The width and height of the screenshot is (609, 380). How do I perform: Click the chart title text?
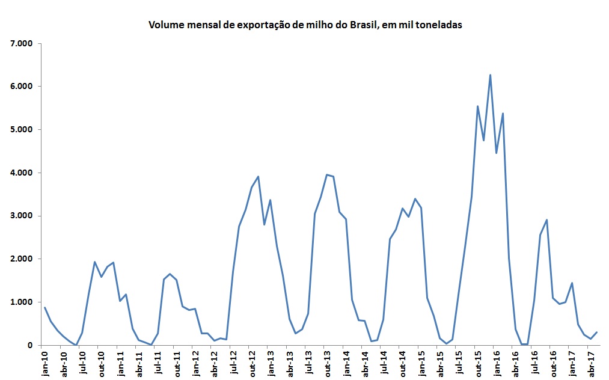(305, 26)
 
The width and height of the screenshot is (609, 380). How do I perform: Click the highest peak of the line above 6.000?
(491, 75)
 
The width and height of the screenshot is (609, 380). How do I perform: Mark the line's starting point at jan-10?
(44, 308)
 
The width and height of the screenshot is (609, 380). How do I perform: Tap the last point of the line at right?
(597, 332)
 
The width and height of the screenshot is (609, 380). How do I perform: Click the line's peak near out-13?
(327, 175)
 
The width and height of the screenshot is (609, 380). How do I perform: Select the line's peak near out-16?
(546, 220)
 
